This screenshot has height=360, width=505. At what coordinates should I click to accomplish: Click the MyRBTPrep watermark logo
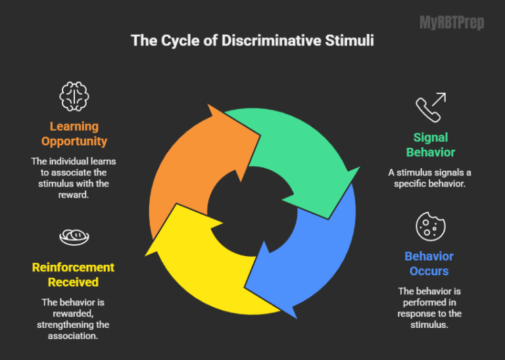coord(452,23)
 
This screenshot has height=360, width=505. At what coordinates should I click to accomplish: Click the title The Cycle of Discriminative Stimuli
coord(252,41)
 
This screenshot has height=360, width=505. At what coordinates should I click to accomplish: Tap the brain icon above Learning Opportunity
coord(74,97)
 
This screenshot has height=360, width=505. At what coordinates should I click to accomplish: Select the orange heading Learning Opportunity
coord(74,133)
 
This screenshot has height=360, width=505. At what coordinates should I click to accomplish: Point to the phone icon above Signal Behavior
coord(431,107)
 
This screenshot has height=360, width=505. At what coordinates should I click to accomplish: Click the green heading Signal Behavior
coord(431,145)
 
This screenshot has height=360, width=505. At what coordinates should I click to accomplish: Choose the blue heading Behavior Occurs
coord(429,263)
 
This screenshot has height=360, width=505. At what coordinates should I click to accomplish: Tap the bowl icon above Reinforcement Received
coord(74,236)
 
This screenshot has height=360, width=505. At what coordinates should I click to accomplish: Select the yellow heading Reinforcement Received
coord(73,275)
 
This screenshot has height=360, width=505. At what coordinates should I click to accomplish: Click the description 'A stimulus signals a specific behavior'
coord(429,177)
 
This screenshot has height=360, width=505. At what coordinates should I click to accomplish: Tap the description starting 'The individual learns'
coord(74,177)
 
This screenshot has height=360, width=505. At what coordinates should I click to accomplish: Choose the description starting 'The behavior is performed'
coord(429,307)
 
